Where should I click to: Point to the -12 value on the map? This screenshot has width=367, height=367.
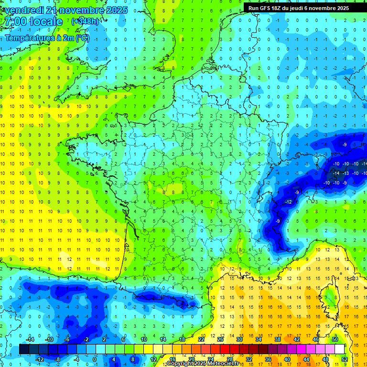tap(289, 202)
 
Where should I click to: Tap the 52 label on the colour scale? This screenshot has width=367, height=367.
tap(344, 359)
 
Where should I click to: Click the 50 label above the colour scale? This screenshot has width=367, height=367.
tap(335, 339)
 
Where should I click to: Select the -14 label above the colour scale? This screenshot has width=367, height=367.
tap(30, 339)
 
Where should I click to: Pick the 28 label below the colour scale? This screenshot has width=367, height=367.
tap(229, 359)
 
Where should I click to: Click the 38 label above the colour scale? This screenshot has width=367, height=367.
tap(277, 339)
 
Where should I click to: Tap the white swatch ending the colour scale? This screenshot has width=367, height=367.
tap(339, 349)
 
